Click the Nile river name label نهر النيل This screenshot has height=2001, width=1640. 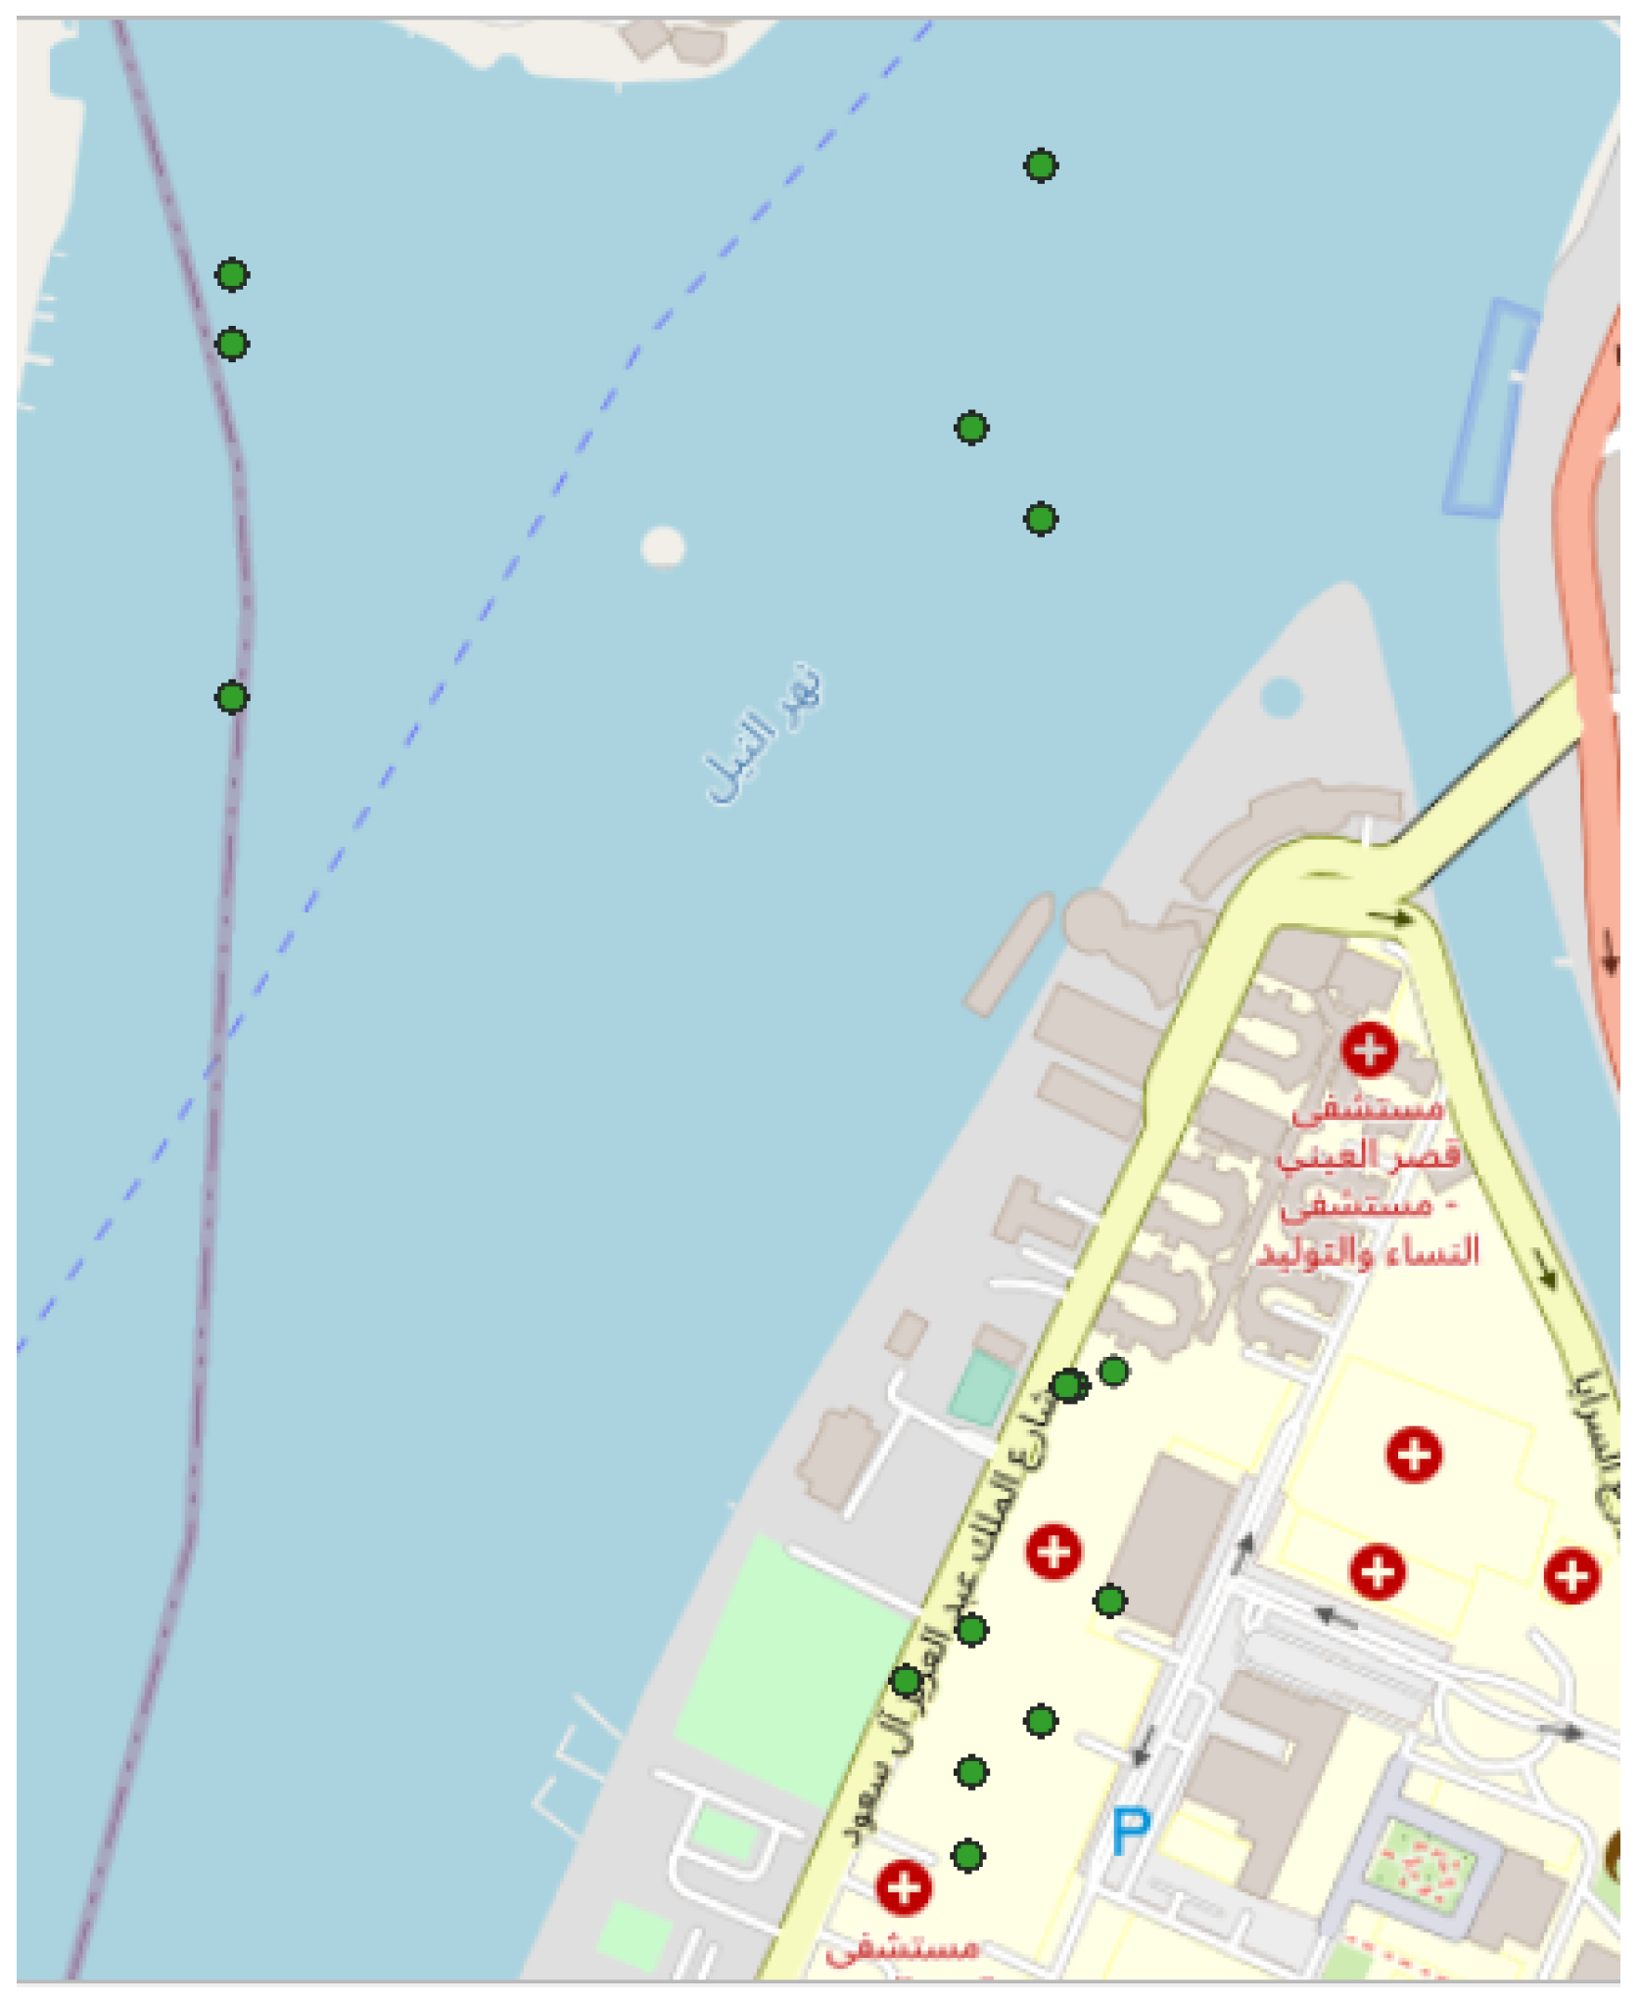pos(764,733)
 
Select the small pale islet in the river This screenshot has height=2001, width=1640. pos(663,545)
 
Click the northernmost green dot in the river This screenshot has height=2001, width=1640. pos(1041,165)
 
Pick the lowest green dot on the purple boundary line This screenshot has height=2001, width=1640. pos(232,697)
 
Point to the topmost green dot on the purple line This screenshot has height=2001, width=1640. pos(232,275)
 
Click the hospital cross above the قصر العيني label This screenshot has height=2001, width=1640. pos(1369,1049)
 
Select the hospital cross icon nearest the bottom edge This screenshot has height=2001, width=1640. pos(903,1886)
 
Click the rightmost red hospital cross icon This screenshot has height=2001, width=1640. pos(1571,1575)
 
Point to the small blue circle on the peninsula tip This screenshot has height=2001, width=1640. pos(1281,697)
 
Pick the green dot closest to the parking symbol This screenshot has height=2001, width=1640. pos(1041,1720)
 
